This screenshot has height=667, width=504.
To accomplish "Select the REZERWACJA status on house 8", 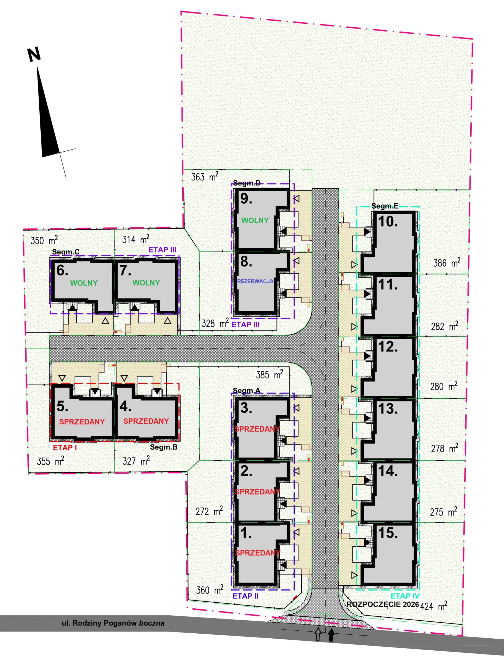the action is (x=255, y=281).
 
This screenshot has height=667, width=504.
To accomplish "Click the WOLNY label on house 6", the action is (x=84, y=283).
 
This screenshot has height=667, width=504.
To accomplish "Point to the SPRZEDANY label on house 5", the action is (x=82, y=422).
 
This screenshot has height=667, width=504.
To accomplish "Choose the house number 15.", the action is (x=388, y=533).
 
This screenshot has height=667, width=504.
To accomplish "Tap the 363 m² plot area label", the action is (x=205, y=176).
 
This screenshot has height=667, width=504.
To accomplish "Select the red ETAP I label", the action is (x=65, y=447).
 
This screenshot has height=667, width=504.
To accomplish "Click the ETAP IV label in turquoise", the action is (x=405, y=596).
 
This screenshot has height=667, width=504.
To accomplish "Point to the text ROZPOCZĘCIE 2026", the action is (x=383, y=604).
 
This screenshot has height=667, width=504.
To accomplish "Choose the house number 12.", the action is (x=388, y=347).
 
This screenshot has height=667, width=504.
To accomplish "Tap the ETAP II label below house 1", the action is (x=246, y=596).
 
